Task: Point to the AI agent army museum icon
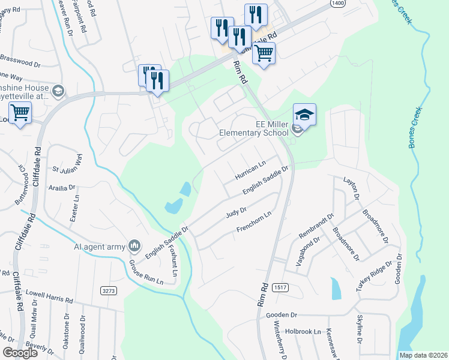(134, 245)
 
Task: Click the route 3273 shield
(108, 290)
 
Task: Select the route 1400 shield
(337, 4)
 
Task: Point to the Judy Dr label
(236, 214)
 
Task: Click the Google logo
(20, 353)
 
